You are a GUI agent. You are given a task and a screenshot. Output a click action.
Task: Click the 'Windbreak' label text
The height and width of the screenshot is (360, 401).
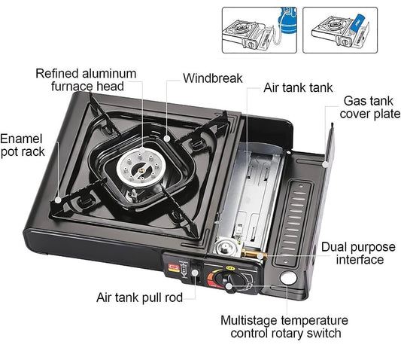(x=212, y=78)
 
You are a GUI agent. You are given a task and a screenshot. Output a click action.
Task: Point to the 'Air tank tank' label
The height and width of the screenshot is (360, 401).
(x=297, y=87)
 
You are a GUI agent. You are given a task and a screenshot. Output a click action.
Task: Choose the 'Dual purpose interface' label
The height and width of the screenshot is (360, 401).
(x=352, y=253)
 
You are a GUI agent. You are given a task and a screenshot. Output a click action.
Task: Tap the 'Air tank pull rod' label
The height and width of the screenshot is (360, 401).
(x=139, y=297)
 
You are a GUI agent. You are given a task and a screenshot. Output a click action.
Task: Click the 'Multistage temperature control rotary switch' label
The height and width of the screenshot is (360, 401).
(x=284, y=327)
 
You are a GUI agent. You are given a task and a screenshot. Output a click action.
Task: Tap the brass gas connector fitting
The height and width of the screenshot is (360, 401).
(x=257, y=256)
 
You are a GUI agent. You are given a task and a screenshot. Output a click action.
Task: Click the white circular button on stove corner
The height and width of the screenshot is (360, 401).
(x=287, y=280)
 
